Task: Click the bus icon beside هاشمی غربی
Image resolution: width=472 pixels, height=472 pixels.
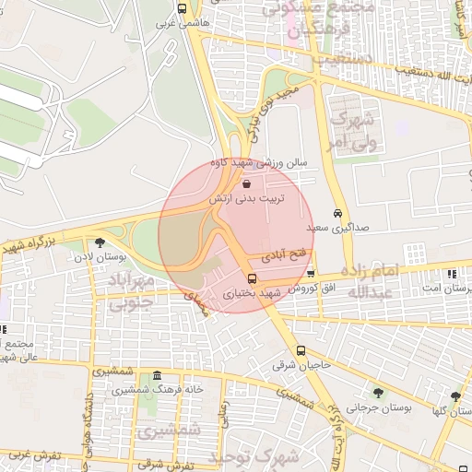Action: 182,8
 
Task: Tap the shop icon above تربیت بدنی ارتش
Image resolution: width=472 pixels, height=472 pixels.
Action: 245,184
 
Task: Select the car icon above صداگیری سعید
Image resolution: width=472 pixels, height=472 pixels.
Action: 338,211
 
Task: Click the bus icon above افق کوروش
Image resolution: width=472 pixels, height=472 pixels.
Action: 311,273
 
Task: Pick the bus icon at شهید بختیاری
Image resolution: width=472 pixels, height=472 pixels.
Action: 252,277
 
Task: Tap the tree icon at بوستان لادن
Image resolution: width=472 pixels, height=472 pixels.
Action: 100,242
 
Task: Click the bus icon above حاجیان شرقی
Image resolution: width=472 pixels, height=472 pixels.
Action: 301,350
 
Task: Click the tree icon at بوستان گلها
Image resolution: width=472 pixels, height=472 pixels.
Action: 454,395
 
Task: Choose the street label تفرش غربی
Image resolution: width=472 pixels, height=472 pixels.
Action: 31,455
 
